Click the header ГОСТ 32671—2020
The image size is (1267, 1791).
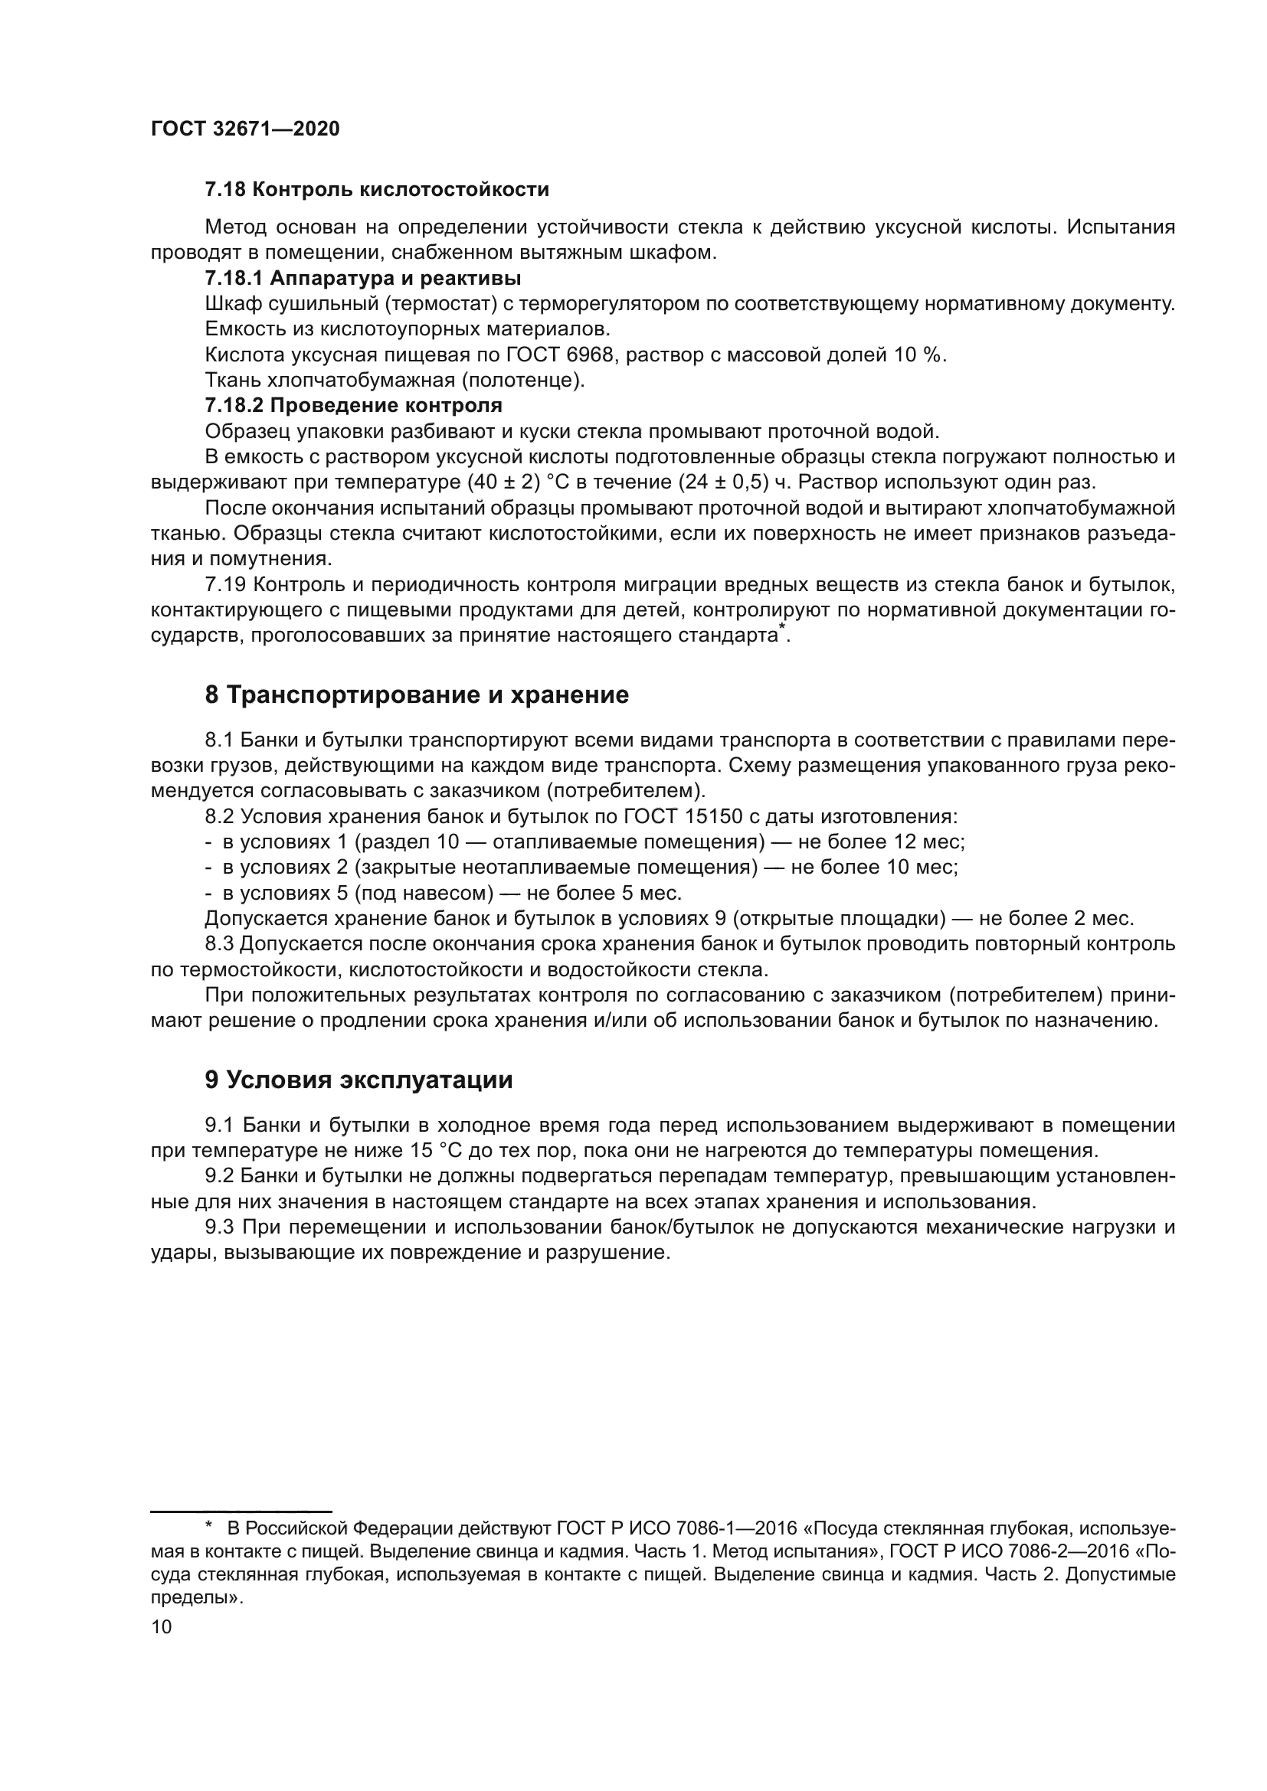click(245, 129)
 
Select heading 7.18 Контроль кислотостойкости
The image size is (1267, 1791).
click(377, 190)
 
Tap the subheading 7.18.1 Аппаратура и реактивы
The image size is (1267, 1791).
click(363, 279)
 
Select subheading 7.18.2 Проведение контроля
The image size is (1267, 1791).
click(353, 406)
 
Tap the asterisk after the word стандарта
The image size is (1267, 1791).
click(783, 629)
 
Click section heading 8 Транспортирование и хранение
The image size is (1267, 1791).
click(417, 695)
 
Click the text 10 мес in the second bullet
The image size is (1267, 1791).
click(922, 868)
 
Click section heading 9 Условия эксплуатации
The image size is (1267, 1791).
click(358, 1080)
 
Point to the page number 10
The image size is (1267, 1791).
click(162, 1627)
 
